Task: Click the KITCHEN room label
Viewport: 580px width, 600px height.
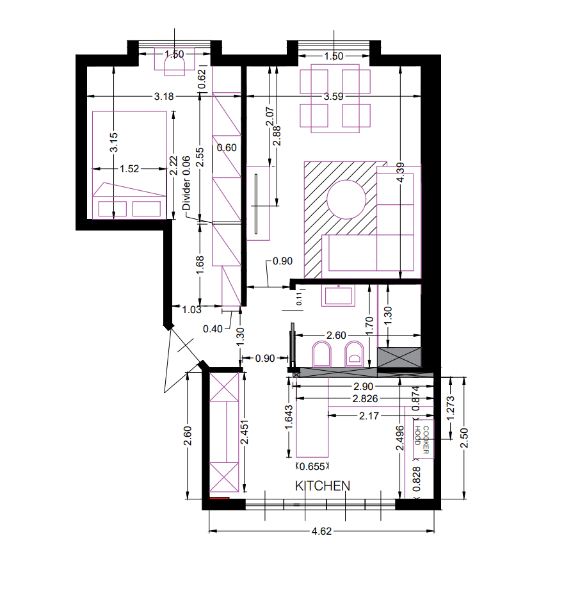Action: point(323,486)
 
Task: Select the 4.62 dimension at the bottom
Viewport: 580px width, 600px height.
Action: point(321,531)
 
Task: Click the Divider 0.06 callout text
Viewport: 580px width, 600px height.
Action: point(186,183)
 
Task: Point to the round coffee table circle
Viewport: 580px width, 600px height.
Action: point(346,199)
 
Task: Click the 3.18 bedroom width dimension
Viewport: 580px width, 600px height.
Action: point(164,97)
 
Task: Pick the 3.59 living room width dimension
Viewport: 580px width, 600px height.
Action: point(334,97)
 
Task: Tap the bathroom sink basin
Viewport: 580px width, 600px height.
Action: point(338,296)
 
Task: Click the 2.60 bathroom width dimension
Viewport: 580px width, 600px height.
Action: point(336,336)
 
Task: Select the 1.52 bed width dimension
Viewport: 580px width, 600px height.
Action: point(129,169)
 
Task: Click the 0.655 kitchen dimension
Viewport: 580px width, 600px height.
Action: point(312,467)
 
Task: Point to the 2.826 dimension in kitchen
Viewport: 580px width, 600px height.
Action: point(365,399)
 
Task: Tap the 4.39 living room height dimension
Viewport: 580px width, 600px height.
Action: point(400,173)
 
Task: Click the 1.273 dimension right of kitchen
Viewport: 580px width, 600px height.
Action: point(451,409)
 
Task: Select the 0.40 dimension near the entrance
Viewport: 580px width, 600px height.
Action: point(213,329)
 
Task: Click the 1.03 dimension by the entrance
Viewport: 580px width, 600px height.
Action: point(191,309)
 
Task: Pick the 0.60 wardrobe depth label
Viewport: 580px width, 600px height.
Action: point(227,148)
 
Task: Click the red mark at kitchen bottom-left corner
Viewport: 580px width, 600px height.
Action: point(219,498)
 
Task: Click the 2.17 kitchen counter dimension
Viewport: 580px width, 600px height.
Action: point(369,416)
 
